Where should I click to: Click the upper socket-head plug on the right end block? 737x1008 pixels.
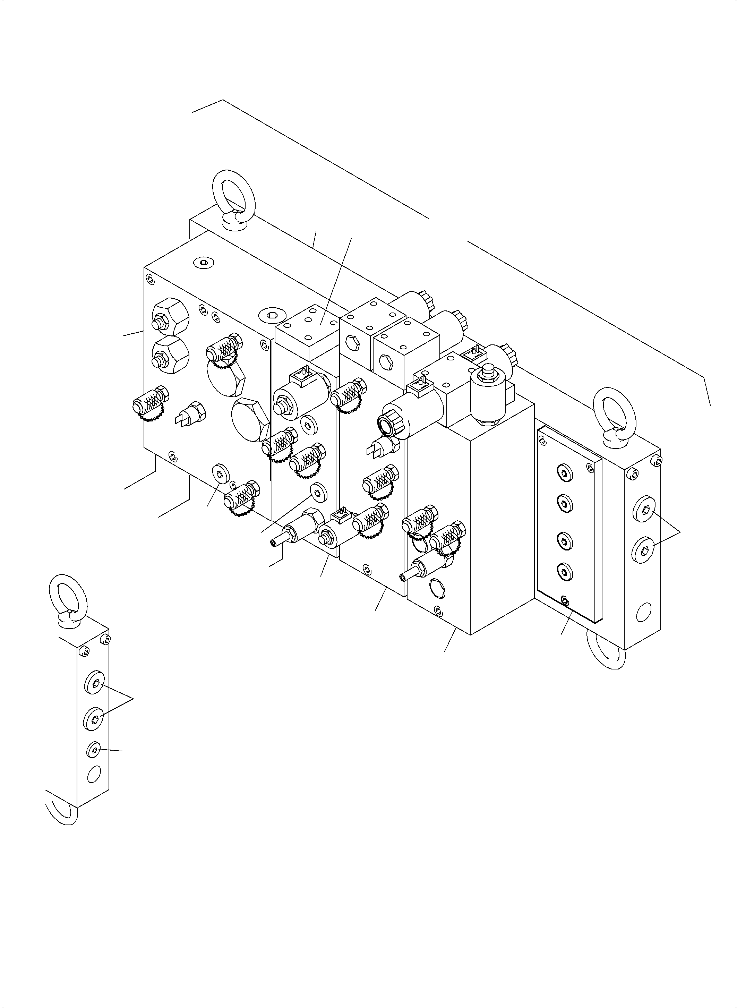tap(643, 514)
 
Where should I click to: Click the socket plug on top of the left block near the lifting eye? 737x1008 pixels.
tap(204, 263)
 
